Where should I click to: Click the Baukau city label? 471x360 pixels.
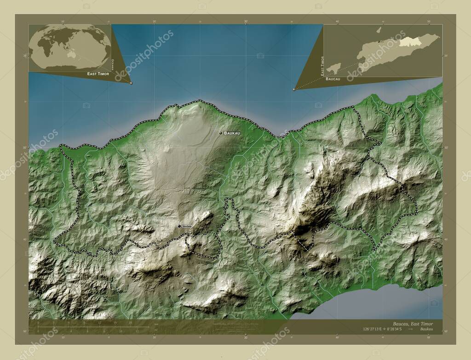(232, 133)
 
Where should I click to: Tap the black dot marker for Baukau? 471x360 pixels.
(221, 133)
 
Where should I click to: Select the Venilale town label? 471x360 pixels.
(187, 226)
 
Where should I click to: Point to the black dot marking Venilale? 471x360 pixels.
(179, 226)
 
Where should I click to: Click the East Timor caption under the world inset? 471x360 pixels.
(98, 74)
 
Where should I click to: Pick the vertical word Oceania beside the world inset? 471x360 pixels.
(113, 64)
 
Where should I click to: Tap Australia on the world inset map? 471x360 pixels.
(72, 54)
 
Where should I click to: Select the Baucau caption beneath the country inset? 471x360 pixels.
(333, 79)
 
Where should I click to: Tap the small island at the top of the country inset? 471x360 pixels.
(379, 30)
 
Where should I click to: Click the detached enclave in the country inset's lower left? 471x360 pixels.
(334, 68)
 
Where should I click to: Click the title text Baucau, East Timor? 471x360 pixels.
(413, 323)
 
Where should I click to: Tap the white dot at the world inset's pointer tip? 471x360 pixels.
(131, 83)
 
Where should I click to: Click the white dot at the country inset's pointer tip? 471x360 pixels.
(294, 90)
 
